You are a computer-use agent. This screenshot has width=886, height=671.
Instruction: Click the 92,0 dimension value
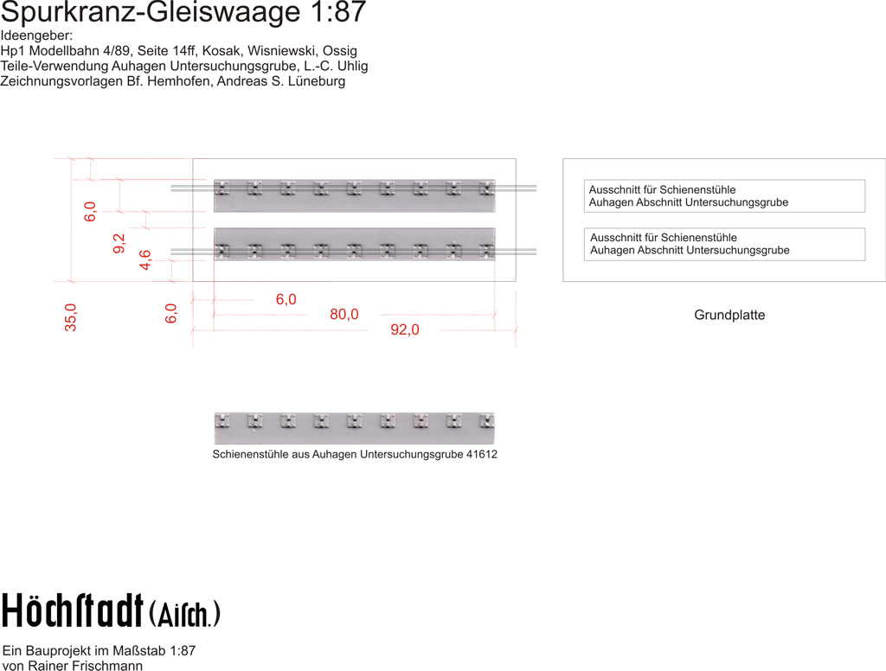click(x=404, y=329)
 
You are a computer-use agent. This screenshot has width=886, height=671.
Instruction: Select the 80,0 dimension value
click(x=343, y=314)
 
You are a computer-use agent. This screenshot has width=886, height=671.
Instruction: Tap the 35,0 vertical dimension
click(x=71, y=316)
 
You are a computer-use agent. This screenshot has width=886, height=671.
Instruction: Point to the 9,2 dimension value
click(x=119, y=244)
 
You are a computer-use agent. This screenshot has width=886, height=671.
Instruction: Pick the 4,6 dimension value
click(x=145, y=259)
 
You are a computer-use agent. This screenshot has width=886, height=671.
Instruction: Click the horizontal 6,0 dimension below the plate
click(x=286, y=299)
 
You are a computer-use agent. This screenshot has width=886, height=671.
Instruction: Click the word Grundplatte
click(x=729, y=315)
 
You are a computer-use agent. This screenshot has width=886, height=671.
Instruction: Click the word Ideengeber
click(x=36, y=36)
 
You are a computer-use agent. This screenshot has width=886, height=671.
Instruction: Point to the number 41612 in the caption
click(x=481, y=454)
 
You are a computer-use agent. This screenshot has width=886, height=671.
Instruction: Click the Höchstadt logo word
click(x=73, y=610)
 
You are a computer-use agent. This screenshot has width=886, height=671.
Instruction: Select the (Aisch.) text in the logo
click(x=184, y=614)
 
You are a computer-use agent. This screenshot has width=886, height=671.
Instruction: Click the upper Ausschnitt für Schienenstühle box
click(x=724, y=195)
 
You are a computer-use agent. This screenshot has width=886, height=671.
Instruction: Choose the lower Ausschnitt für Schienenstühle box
click(x=724, y=244)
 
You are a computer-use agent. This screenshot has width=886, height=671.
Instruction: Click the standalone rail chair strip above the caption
click(x=354, y=427)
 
